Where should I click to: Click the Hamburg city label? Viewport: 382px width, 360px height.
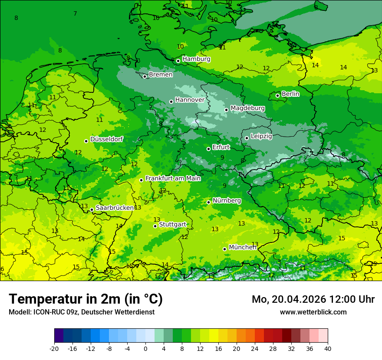pyautogui.click(x=196, y=59)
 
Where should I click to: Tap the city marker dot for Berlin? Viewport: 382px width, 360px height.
pyautogui.click(x=278, y=95)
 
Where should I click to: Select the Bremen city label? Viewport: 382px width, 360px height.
pyautogui.click(x=161, y=75)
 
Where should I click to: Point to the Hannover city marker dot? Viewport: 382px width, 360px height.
pyautogui.click(x=171, y=101)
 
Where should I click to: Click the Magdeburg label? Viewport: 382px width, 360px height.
pyautogui.click(x=247, y=108)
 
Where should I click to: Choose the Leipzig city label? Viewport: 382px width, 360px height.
pyautogui.click(x=261, y=136)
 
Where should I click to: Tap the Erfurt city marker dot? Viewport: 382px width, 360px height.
pyautogui.click(x=209, y=149)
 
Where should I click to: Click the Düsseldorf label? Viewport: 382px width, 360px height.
pyautogui.click(x=106, y=139)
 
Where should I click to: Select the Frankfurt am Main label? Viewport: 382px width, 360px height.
pyautogui.click(x=173, y=178)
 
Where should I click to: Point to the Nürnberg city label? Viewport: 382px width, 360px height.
pyautogui.click(x=227, y=200)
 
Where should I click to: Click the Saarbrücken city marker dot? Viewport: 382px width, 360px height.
pyautogui.click(x=92, y=210)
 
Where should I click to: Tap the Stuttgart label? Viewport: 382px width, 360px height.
pyautogui.click(x=172, y=224)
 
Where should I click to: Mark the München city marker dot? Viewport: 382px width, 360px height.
pyautogui.click(x=225, y=249)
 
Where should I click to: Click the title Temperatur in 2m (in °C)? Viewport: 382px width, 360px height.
pyautogui.click(x=86, y=299)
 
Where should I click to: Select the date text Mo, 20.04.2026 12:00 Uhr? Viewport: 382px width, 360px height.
pyautogui.click(x=313, y=299)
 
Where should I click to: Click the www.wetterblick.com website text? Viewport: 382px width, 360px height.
pyautogui.click(x=313, y=312)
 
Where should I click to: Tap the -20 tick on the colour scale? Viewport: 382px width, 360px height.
pyautogui.click(x=54, y=348)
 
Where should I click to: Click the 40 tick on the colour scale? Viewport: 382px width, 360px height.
pyautogui.click(x=328, y=348)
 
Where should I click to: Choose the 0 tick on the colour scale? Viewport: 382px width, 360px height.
pyautogui.click(x=145, y=348)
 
